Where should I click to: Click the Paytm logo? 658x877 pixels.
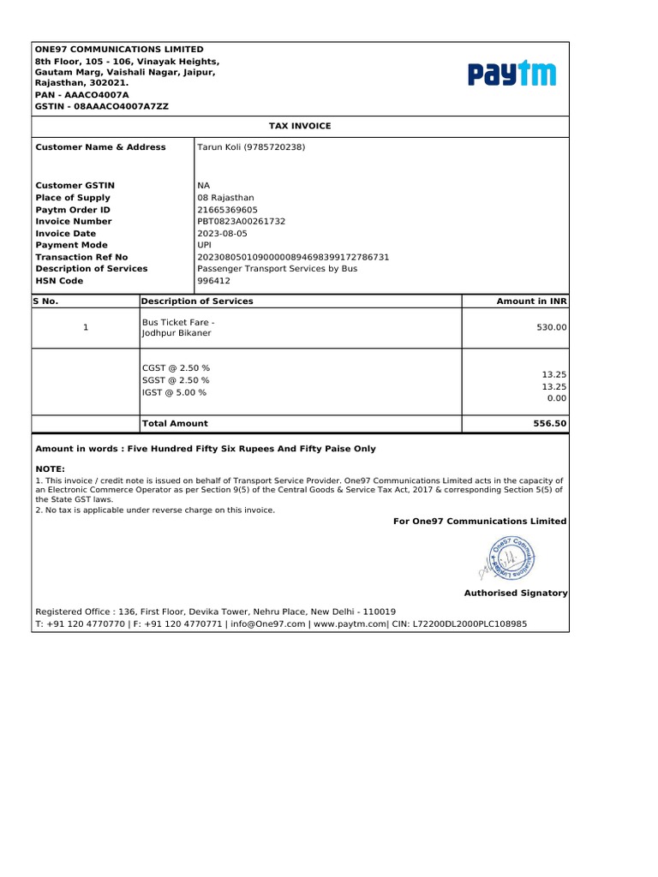(511, 74)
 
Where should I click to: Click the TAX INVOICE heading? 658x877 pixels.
(300, 126)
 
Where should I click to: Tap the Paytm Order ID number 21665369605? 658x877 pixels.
(227, 210)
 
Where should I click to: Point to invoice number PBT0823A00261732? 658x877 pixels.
(242, 222)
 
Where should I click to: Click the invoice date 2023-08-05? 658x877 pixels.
(221, 234)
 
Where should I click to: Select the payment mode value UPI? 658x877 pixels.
(205, 245)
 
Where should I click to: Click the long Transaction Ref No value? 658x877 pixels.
(293, 257)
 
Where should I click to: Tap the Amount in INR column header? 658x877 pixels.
(531, 301)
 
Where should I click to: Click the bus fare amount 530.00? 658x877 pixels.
(552, 328)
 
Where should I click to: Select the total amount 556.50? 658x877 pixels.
(550, 423)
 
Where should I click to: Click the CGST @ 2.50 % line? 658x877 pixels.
(176, 367)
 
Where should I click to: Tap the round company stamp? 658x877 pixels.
(512, 560)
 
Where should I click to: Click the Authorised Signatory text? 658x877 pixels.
(515, 593)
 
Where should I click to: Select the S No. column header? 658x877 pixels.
(46, 301)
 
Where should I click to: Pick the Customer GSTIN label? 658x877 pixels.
(75, 186)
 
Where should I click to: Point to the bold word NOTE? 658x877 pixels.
(50, 470)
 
